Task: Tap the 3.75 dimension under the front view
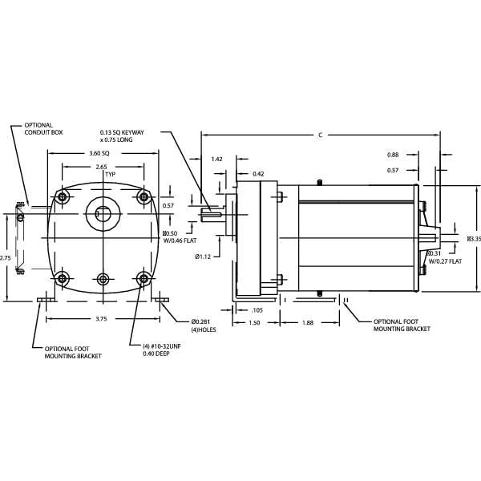[102, 318]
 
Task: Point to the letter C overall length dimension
[320, 135]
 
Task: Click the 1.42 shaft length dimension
[217, 160]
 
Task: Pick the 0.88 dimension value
[393, 155]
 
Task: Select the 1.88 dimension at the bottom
[308, 323]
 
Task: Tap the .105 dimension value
[257, 309]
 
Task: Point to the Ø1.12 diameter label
[202, 257]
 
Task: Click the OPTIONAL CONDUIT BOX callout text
[38, 128]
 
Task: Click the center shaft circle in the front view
[102, 213]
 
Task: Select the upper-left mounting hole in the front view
[62, 197]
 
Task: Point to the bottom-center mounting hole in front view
[103, 278]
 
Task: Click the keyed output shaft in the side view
[212, 212]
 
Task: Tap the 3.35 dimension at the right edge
[473, 239]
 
